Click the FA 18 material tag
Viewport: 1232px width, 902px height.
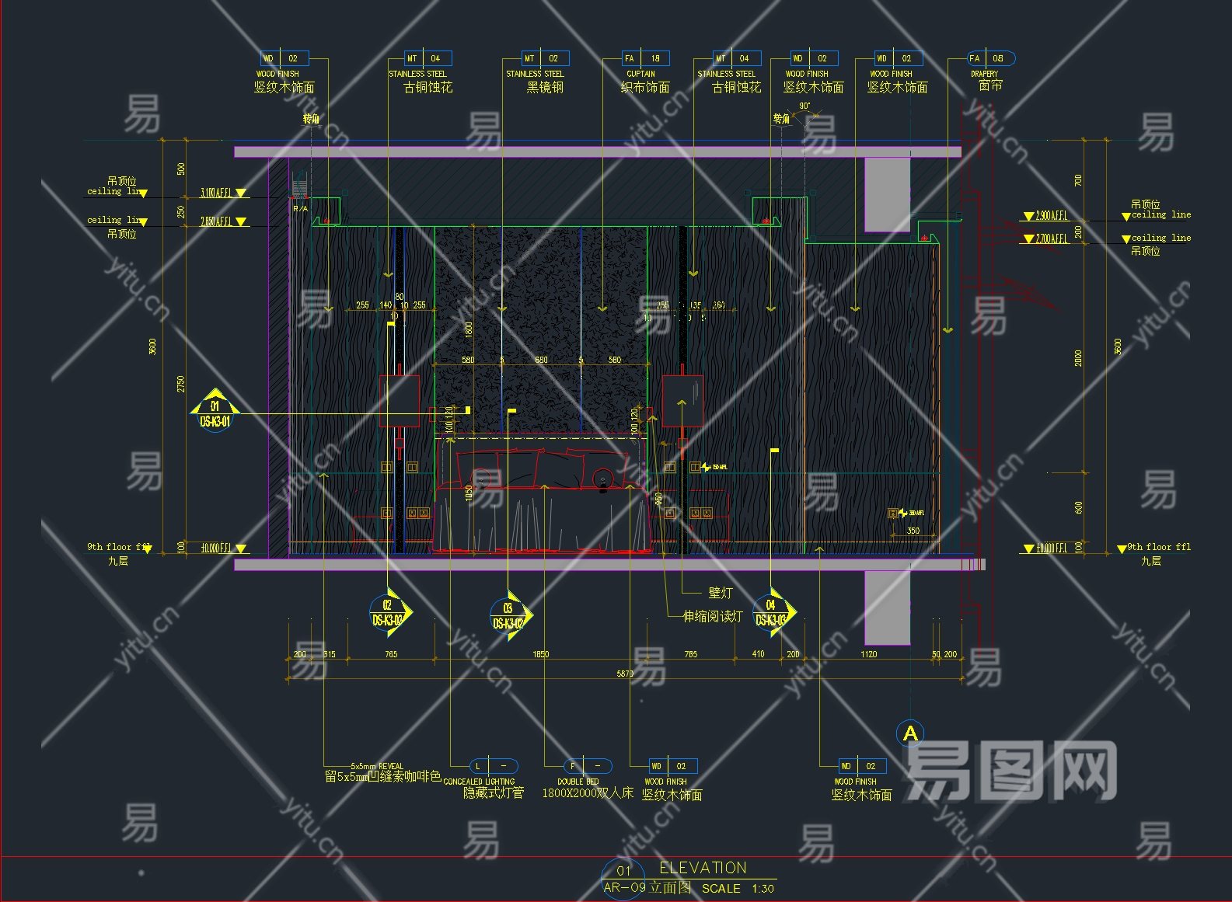coord(644,58)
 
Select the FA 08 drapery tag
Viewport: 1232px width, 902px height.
coord(990,58)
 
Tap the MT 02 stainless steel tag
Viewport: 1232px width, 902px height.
coord(544,58)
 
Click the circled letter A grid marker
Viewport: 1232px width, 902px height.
coord(909,733)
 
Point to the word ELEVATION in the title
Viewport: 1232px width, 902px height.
coord(703,868)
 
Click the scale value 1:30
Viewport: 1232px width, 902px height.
coord(763,888)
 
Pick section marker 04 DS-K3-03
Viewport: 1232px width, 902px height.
coord(771,612)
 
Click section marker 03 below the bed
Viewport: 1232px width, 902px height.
coord(508,615)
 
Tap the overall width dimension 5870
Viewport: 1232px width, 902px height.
coord(625,674)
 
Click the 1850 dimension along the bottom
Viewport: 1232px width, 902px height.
coord(540,654)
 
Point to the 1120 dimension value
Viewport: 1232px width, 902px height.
coord(868,654)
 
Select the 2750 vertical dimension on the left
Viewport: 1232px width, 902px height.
coord(181,384)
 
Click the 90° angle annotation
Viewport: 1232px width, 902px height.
coord(804,106)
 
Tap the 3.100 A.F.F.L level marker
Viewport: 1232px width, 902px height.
coord(216,193)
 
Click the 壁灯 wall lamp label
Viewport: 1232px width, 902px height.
coord(720,593)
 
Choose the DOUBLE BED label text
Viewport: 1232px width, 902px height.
coord(578,782)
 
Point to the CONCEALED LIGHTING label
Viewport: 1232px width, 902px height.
coord(479,782)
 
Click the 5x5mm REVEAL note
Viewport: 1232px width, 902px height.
coord(377,766)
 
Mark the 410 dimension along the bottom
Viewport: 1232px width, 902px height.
coord(758,654)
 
